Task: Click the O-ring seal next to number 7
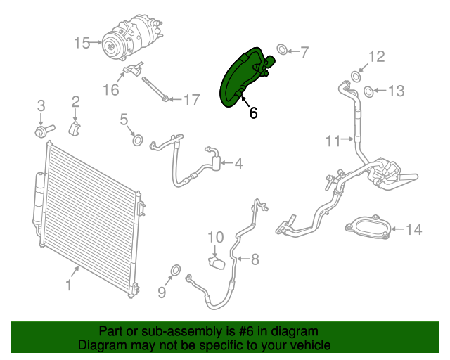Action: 281,50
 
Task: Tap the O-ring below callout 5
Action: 138,140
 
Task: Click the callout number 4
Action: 238,164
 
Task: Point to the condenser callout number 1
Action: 68,285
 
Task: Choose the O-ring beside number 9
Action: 175,270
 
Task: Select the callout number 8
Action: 254,259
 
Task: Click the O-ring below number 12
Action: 356,76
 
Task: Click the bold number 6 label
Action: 253,112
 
